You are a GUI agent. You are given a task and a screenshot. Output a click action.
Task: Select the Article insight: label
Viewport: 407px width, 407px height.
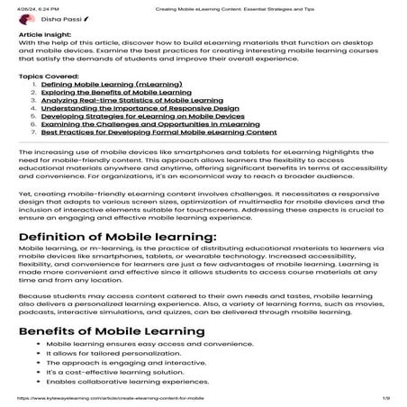(42, 32)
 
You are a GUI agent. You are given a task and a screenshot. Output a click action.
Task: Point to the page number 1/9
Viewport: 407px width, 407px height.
(385, 396)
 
